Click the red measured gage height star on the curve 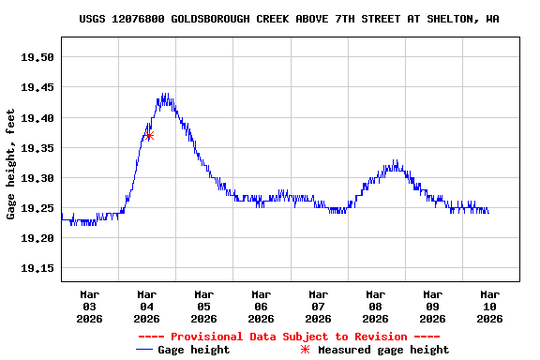pos(149,136)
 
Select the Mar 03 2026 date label pos(89,306)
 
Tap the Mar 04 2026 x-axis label pos(146,306)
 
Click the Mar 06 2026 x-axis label pos(261,306)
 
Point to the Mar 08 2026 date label pos(375,306)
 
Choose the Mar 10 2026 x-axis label pos(489,306)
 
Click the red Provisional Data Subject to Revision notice pos(289,337)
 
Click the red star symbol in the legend pos(305,350)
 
